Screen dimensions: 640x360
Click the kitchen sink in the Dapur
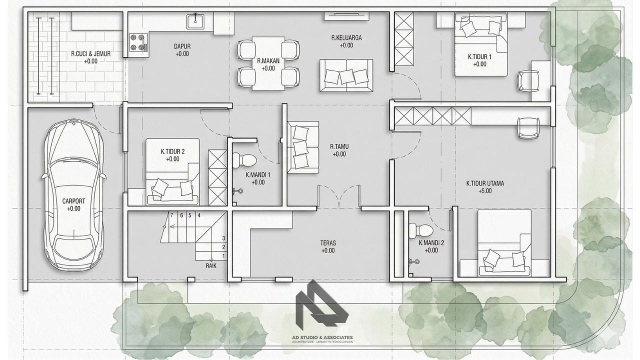pyautogui.click(x=195, y=21)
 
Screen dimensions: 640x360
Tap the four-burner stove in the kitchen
pyautogui.click(x=138, y=42)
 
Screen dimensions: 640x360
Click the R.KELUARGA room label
pyautogui.click(x=346, y=37)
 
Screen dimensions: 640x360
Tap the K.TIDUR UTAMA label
pyautogui.click(x=485, y=183)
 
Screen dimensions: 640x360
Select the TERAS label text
pyautogui.click(x=327, y=243)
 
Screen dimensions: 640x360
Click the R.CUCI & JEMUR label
pyautogui.click(x=91, y=53)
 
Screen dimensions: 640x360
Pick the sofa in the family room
pyautogui.click(x=346, y=75)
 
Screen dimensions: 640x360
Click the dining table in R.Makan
pyautogui.click(x=268, y=63)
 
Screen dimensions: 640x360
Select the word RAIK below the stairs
pyautogui.click(x=211, y=265)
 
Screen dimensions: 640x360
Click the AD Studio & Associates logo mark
pyautogui.click(x=322, y=305)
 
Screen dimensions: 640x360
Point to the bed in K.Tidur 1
pyautogui.click(x=481, y=45)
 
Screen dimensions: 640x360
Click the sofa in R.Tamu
pyautogui.click(x=303, y=147)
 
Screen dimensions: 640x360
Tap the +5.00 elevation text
pyautogui.click(x=485, y=191)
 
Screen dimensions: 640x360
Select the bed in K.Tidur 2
pyautogui.click(x=173, y=171)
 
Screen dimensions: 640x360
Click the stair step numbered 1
pyautogui.click(x=223, y=256)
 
